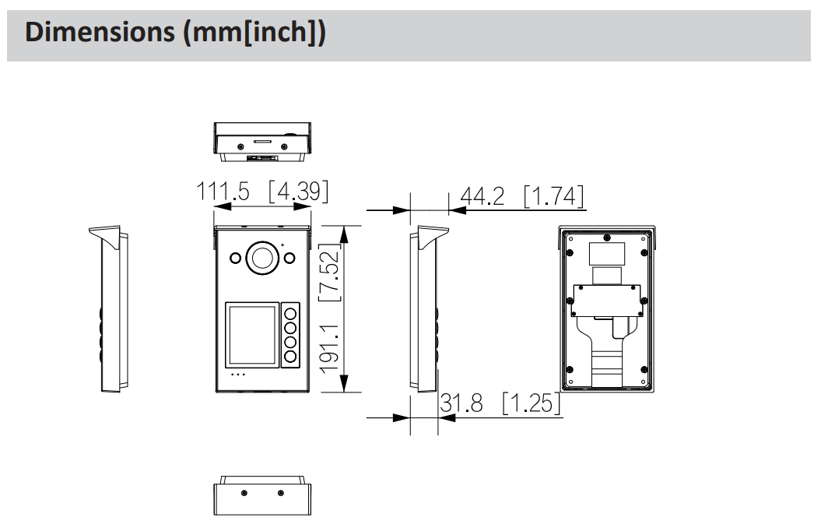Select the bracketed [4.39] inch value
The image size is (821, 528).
click(x=298, y=192)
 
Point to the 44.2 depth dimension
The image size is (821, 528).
click(x=482, y=196)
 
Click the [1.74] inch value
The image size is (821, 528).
click(x=553, y=196)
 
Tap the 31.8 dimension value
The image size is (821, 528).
click(x=461, y=403)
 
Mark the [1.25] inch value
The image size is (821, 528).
click(x=532, y=403)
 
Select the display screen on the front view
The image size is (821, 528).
click(x=251, y=335)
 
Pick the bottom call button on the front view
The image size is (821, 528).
click(x=291, y=357)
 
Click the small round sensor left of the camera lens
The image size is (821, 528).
click(x=233, y=258)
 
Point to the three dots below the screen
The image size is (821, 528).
click(x=239, y=375)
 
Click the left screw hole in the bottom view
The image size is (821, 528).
click(x=244, y=494)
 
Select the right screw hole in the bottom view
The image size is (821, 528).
click(x=280, y=494)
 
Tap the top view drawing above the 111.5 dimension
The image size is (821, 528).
click(x=262, y=142)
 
